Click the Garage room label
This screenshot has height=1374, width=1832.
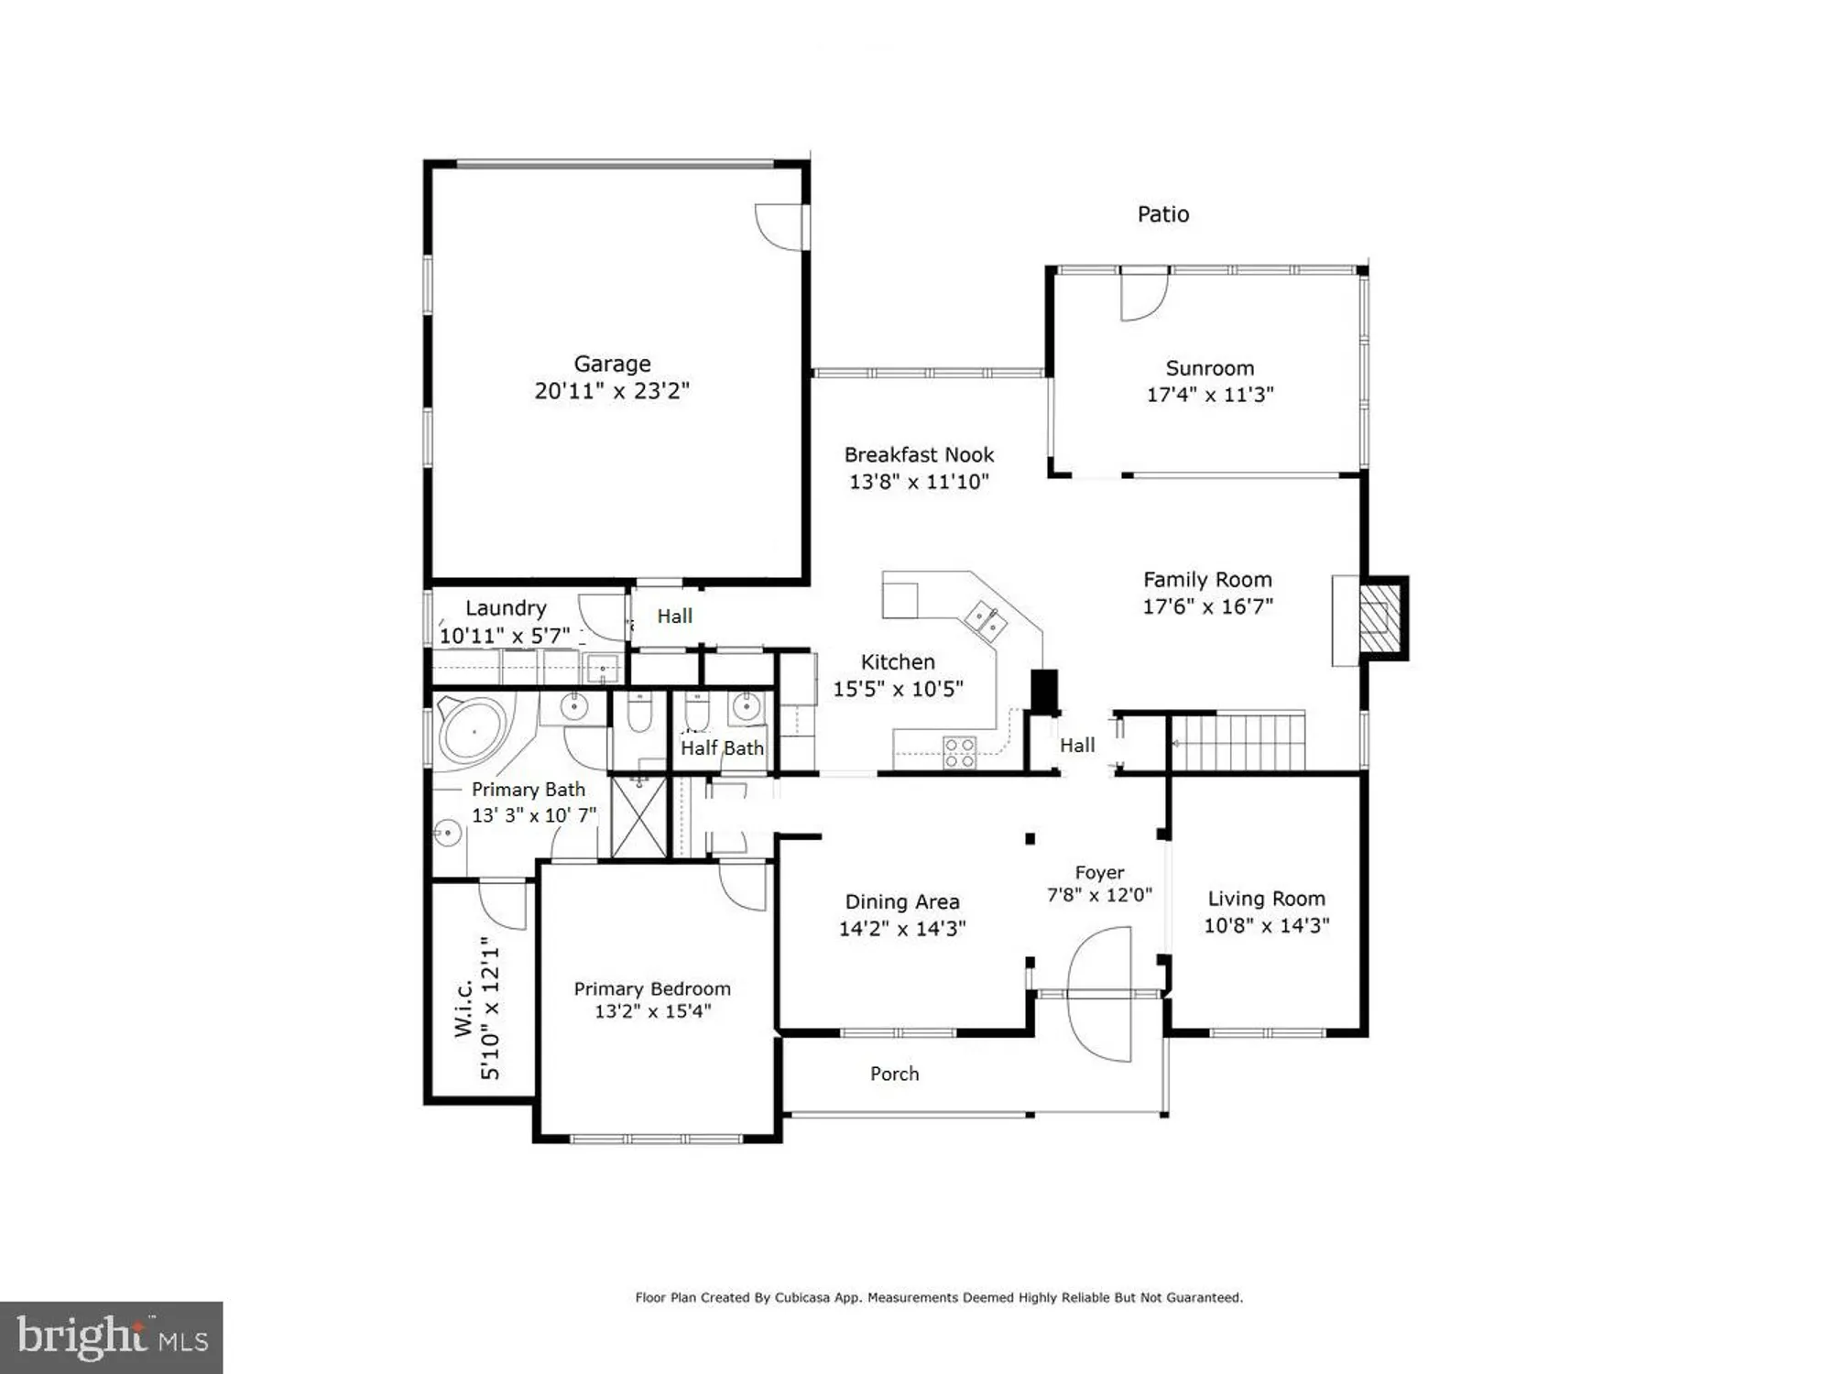click(x=612, y=364)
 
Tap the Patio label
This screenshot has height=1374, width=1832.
click(x=1162, y=214)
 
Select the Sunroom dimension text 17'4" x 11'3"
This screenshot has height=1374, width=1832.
click(x=1209, y=395)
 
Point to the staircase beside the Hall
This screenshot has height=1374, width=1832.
click(x=1238, y=743)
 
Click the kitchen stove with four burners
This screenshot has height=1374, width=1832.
click(x=959, y=753)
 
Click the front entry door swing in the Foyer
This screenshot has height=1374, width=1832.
click(x=1100, y=994)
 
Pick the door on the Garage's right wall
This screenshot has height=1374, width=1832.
click(x=781, y=226)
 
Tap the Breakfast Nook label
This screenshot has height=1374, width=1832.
click(x=919, y=454)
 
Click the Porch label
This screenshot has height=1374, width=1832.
click(x=894, y=1074)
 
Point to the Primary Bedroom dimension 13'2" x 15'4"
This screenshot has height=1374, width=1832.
click(x=652, y=1011)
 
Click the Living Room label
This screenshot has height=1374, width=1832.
click(x=1266, y=899)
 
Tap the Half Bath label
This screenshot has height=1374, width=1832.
click(x=722, y=748)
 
